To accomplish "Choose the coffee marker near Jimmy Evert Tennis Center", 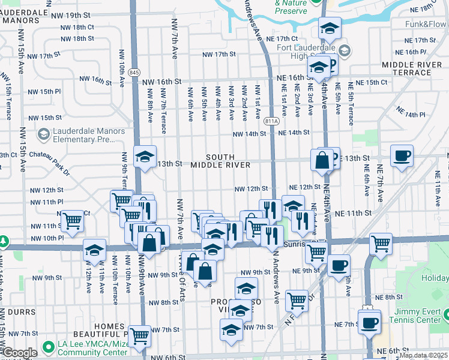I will coord(369,322).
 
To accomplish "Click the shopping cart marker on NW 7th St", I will coord(139,337).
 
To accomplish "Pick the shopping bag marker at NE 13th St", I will coord(322,160).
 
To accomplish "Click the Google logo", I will coord(20,353).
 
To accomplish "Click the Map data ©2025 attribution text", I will coord(423,355).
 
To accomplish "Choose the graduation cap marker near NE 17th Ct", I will coord(330,28).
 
